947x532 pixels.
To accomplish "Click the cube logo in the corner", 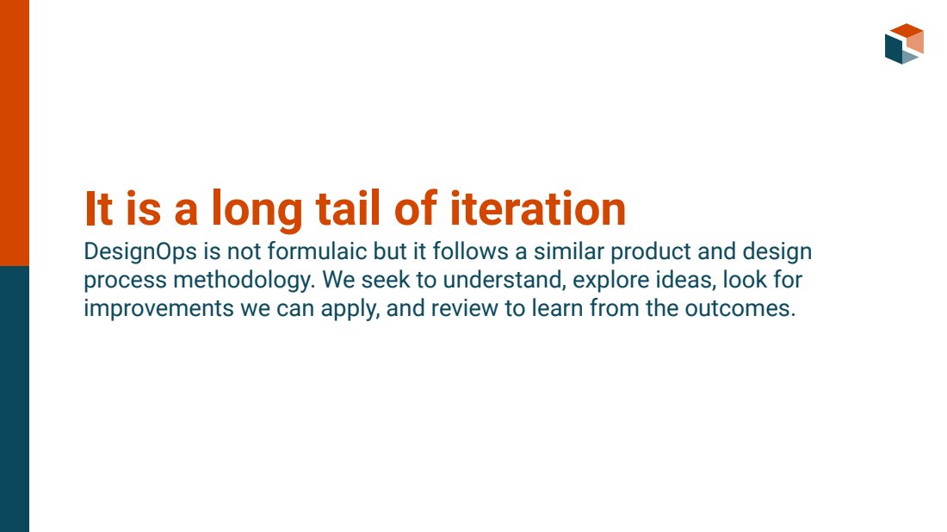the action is pyautogui.click(x=904, y=44).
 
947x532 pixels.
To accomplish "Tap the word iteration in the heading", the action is pyautogui.click(x=537, y=209).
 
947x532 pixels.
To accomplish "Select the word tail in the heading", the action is pyautogui.click(x=348, y=209).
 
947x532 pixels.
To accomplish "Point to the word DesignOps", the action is pyautogui.click(x=140, y=252).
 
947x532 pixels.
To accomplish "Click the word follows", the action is pyautogui.click(x=470, y=251).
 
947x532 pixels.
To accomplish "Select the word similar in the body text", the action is pyautogui.click(x=568, y=251).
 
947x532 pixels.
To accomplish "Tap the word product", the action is pyautogui.click(x=651, y=252).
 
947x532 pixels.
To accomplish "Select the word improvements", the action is pyautogui.click(x=158, y=309).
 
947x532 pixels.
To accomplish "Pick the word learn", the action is pyautogui.click(x=558, y=308).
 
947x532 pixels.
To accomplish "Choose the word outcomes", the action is pyautogui.click(x=740, y=308).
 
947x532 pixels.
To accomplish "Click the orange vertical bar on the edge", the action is pyautogui.click(x=15, y=133).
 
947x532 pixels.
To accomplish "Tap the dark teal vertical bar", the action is pyautogui.click(x=15, y=399).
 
